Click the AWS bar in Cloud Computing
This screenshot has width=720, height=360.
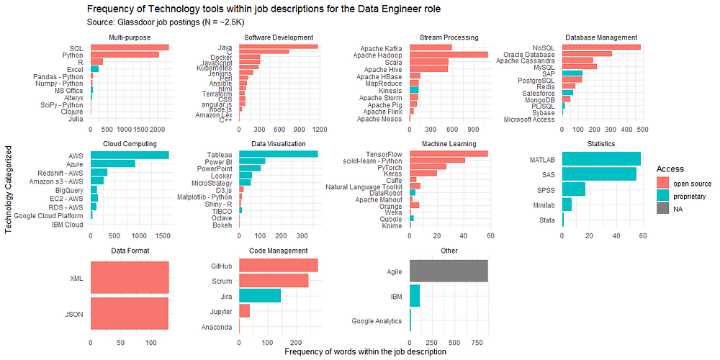coord(130,155)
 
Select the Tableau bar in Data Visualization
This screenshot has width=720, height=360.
coord(278,154)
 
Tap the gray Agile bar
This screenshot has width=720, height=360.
coord(449,271)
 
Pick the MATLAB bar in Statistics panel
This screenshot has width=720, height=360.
coord(601,158)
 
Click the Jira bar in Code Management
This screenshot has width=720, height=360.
coord(259,295)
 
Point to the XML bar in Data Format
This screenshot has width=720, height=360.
coord(130,278)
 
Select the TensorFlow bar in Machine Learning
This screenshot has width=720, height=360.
coord(449,153)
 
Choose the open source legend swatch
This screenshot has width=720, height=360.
coord(664,183)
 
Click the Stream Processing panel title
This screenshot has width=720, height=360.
coord(449,37)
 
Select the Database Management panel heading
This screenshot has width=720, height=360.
coord(601,37)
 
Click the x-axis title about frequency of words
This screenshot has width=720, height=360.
coord(365,352)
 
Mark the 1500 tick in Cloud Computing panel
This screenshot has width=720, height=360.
coord(162,235)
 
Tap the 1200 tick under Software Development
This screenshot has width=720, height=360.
coord(318,130)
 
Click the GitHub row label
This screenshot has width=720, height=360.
coord(221,266)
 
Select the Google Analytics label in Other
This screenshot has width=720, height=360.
coord(377,321)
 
